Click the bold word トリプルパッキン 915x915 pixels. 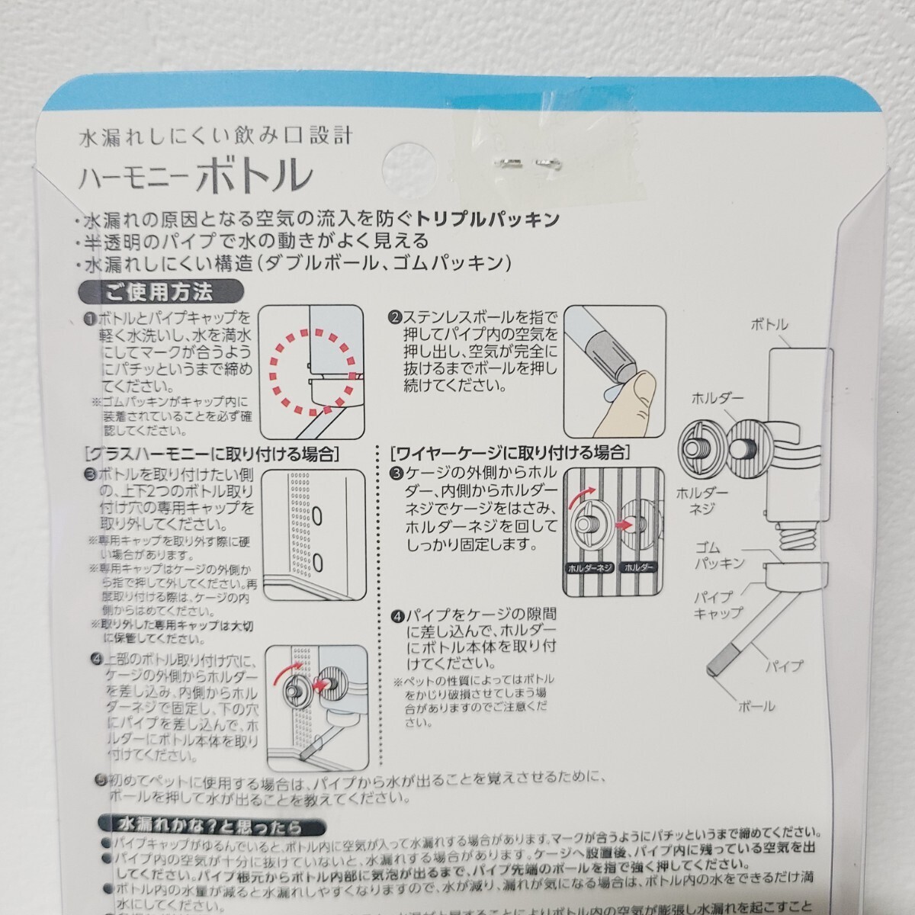point(493,220)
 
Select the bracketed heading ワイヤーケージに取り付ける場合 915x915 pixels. point(509,451)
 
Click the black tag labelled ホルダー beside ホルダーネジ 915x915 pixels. point(637,568)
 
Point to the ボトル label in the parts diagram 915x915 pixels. point(770,325)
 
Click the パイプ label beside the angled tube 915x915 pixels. point(785,666)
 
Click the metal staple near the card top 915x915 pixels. point(526,161)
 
